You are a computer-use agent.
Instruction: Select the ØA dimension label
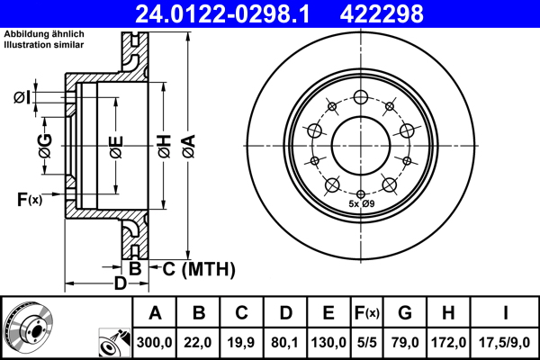187,144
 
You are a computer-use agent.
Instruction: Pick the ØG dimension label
45,142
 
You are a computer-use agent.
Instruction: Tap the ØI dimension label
22,96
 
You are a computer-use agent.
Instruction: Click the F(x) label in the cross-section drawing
30,199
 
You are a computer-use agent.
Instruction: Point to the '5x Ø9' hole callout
361,205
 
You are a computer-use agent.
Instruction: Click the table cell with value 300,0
156,341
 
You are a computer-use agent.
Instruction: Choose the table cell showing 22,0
199,341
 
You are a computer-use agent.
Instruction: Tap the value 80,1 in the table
285,341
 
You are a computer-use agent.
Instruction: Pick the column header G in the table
404,313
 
